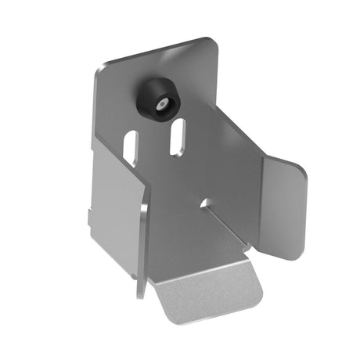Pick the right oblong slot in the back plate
pyautogui.click(x=178, y=136)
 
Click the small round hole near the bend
pyautogui.click(x=204, y=203)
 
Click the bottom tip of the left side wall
pyautogui.click(x=139, y=294)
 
